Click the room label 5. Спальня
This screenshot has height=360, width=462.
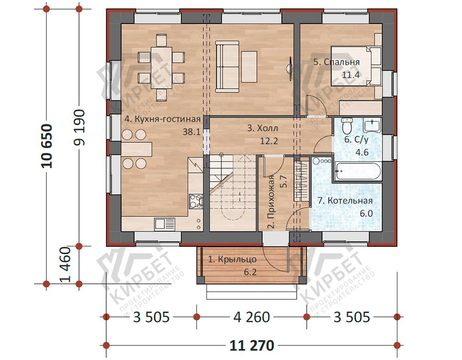pos(336,62)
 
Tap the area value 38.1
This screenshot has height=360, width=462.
pos(192,132)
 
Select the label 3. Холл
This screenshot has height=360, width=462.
pos(262,128)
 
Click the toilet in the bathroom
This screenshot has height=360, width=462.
pos(347,125)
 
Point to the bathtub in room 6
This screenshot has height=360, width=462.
pos(357,171)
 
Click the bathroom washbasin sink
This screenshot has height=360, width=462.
pos(372,126)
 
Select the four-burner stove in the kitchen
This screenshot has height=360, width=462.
pos(196,201)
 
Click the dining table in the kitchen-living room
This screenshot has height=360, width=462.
pos(161,64)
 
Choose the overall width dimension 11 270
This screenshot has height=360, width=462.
pos(252,346)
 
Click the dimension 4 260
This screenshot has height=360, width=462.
pos(252,317)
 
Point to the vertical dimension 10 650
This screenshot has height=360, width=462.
pos(47,146)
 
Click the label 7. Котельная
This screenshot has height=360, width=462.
pos(345,201)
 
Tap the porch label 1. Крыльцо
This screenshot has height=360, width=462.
pos(232,259)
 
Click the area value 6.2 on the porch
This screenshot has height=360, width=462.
pos(250,272)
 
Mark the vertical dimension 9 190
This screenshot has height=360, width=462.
pos(79,128)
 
